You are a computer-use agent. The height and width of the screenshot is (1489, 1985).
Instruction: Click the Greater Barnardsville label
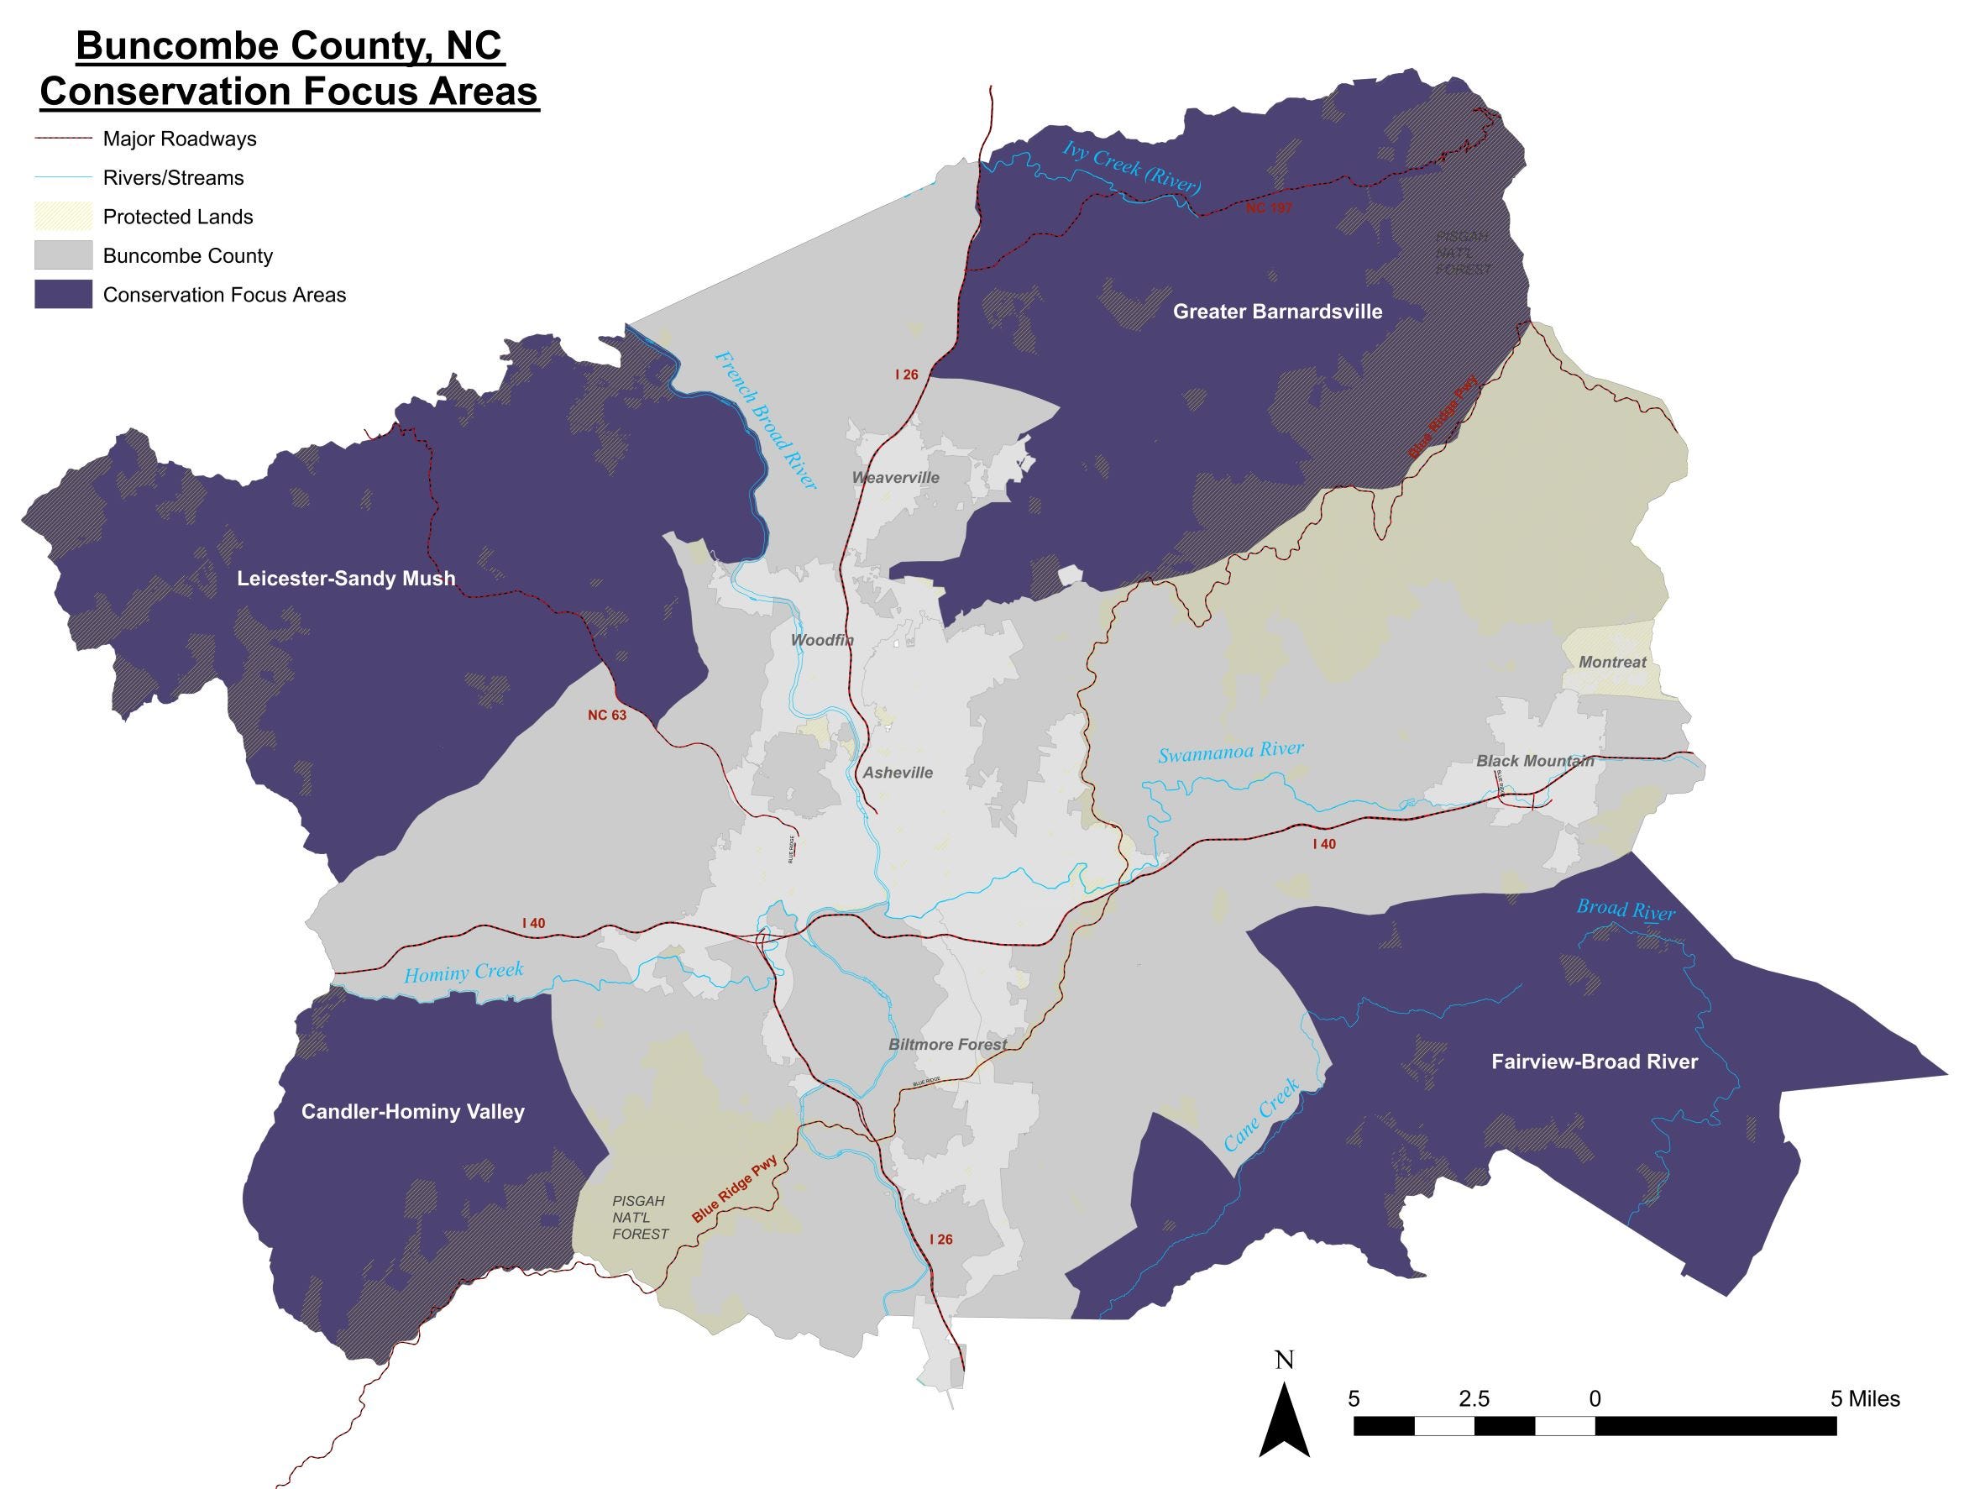coord(1277,312)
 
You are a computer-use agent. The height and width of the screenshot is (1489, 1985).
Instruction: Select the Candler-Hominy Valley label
coord(413,1111)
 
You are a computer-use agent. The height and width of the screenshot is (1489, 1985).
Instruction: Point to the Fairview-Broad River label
coord(1595,1062)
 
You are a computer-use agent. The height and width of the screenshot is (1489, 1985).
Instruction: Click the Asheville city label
coord(898,772)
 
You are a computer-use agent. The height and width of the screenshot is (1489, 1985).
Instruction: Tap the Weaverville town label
coord(895,478)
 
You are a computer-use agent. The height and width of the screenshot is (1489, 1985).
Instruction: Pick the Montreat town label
coord(1611,662)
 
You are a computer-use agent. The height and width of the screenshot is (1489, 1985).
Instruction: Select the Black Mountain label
coord(1535,760)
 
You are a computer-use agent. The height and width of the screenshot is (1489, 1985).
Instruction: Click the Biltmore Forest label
coord(948,1044)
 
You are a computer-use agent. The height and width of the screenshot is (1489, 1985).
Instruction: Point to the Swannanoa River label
coord(1230,752)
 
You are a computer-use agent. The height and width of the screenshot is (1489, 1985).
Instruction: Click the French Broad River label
coord(766,420)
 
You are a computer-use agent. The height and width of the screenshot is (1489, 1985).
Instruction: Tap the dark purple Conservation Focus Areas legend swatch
coord(63,295)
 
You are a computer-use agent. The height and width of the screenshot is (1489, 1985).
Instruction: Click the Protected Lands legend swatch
coord(63,217)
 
